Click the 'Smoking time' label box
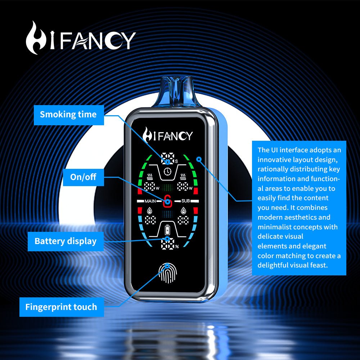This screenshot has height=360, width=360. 68,115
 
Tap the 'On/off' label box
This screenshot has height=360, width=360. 83,177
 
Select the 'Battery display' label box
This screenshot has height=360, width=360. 66,241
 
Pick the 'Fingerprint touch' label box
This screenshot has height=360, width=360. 61,307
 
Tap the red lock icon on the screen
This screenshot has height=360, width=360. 167,201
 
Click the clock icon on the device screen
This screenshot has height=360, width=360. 167,172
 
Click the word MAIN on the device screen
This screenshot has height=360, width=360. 150,201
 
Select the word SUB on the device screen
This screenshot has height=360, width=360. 185,201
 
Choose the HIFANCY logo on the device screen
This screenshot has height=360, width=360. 168,135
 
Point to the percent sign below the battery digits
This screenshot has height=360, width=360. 177,247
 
